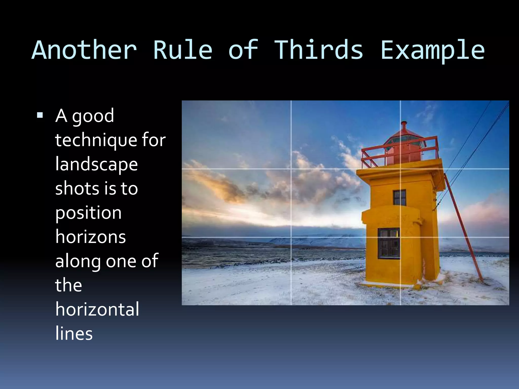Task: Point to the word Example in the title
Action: pos(433,51)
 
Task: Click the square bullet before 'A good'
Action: pos(40,115)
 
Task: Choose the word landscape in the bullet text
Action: pos(97,165)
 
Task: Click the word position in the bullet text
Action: pos(88,213)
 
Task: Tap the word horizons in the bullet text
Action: pos(90,237)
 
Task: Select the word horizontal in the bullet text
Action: pos(97,309)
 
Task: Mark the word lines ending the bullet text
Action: pos(74,334)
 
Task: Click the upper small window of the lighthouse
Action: pos(400,197)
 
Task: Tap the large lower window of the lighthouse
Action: pos(389,243)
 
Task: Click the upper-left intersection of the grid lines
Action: pos(291,169)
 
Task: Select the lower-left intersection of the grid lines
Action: pos(291,237)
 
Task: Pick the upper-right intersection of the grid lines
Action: pos(400,169)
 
